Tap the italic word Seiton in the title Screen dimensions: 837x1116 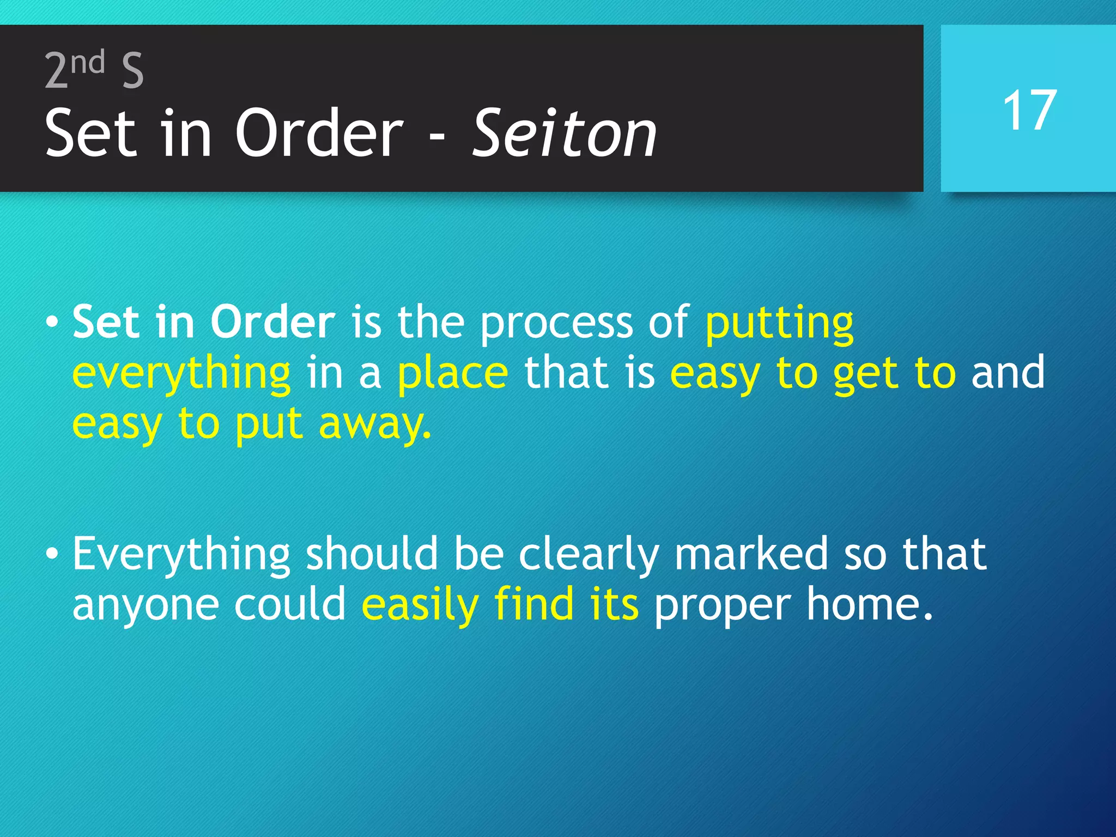point(564,134)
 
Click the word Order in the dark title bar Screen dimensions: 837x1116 point(319,134)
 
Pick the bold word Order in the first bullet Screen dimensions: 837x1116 point(272,322)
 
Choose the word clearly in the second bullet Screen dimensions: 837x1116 point(589,555)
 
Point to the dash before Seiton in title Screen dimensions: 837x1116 point(436,139)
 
